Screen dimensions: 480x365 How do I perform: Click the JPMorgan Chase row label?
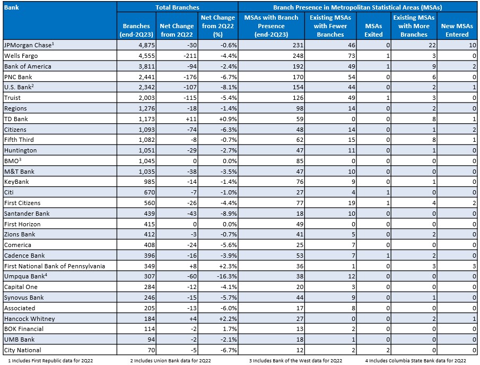[x=29, y=45]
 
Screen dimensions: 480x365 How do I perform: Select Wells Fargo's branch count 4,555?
[x=146, y=56]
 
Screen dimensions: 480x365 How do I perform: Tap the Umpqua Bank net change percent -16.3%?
[x=227, y=276]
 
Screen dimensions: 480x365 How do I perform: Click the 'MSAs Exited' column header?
[x=373, y=30]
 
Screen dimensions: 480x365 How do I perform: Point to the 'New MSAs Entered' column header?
[x=457, y=30]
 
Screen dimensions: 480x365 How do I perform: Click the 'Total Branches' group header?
[x=177, y=7]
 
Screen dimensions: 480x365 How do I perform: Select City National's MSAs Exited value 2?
[x=388, y=350]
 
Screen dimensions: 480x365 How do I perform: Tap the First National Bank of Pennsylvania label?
[x=55, y=266]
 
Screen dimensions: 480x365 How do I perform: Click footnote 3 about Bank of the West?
[x=295, y=361]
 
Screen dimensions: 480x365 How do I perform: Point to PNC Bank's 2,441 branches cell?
[x=146, y=77]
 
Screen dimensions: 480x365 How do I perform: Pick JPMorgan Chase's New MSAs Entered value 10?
[x=473, y=45]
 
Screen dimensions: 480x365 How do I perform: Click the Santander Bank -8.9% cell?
[x=229, y=214]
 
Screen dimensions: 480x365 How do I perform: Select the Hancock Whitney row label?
[x=29, y=319]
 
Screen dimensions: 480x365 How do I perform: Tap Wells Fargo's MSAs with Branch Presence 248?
[x=298, y=56]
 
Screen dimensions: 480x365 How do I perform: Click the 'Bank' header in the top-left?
[x=11, y=7]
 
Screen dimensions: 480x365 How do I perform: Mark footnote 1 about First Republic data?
[x=50, y=361]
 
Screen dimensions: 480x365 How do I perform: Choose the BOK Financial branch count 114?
[x=150, y=329]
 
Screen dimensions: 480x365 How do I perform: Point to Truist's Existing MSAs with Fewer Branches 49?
[x=352, y=98]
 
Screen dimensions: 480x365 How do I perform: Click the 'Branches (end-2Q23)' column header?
[x=136, y=30]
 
